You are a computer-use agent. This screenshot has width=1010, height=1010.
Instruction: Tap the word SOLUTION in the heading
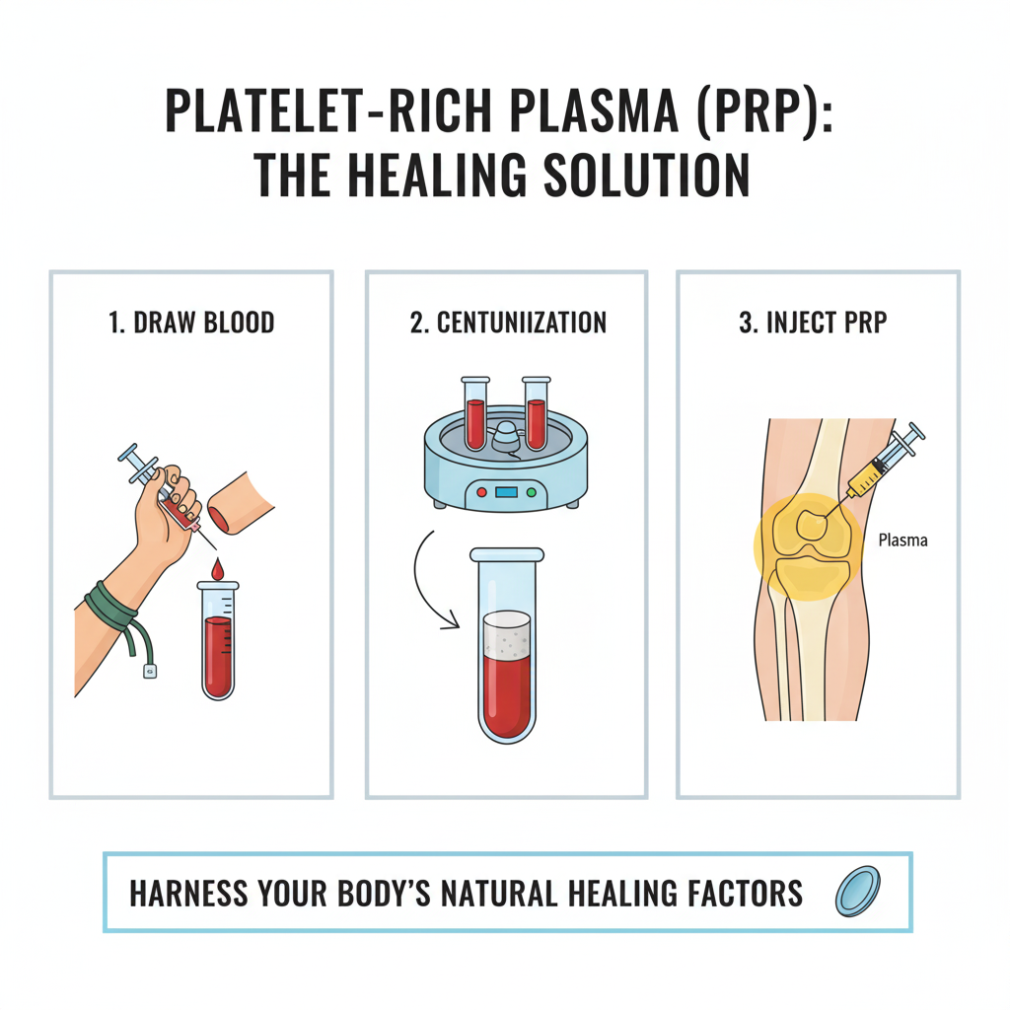[x=646, y=175]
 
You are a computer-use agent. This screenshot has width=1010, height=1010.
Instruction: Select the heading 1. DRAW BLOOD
[x=191, y=323]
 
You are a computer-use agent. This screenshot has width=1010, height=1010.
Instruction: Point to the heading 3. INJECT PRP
[x=813, y=323]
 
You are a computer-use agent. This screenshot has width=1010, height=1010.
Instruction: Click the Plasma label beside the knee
[x=903, y=540]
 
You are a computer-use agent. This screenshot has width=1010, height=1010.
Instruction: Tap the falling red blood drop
[x=218, y=568]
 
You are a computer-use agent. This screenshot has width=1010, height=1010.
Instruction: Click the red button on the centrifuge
[x=481, y=493]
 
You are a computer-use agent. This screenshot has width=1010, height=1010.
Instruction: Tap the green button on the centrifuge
[x=532, y=493]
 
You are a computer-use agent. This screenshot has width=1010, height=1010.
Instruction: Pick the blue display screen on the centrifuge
[x=506, y=493]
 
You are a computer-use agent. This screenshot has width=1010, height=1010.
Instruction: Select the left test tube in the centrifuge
[x=475, y=413]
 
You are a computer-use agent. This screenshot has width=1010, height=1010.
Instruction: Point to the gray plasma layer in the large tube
[x=507, y=634]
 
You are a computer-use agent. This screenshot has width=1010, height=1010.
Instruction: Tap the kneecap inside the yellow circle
[x=812, y=525]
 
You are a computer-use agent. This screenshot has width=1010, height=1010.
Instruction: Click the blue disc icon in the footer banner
[x=857, y=892]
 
